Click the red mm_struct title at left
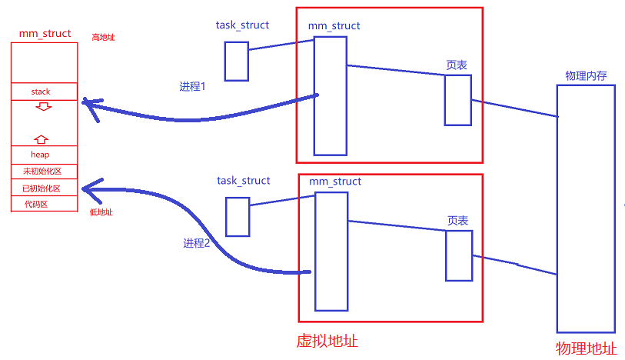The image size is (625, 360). click(x=45, y=34)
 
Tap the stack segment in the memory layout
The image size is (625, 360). click(x=41, y=92)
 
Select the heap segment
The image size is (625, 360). click(x=40, y=155)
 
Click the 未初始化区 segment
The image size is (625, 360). click(x=42, y=172)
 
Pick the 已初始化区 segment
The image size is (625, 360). click(x=42, y=188)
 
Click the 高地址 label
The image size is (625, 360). click(x=103, y=37)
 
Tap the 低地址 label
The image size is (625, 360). click(x=101, y=212)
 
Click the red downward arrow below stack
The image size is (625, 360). click(x=44, y=106)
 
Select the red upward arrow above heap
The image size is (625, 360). click(x=42, y=139)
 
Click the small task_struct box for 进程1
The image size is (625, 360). click(x=236, y=61)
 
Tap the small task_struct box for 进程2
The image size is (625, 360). click(x=238, y=216)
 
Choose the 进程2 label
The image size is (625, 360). click(x=197, y=243)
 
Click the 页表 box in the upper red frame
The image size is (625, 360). click(x=457, y=100)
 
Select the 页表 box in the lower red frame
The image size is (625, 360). click(x=458, y=255)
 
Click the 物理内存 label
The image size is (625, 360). click(x=586, y=75)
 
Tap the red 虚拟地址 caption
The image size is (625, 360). click(x=327, y=341)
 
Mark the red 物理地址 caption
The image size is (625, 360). click(x=586, y=348)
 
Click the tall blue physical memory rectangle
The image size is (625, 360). click(x=586, y=208)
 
